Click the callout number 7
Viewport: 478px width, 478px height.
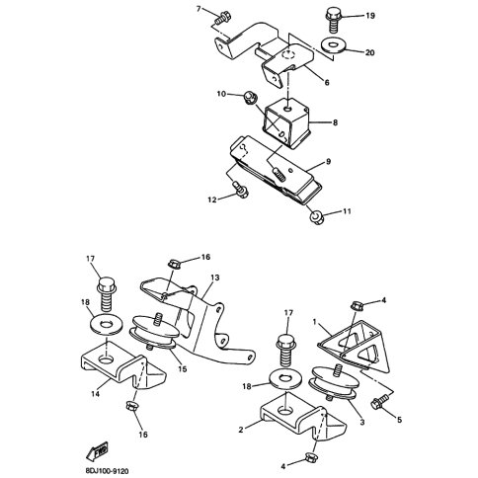coord(199,9)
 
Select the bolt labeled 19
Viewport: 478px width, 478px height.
coord(334,20)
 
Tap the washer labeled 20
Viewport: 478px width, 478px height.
coord(334,45)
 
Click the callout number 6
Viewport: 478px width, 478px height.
coord(327,82)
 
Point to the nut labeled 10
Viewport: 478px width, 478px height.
coord(250,98)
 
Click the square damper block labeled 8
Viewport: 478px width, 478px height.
coord(285,122)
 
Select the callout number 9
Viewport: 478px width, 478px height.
coord(328,162)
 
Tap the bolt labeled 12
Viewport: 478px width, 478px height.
coord(240,190)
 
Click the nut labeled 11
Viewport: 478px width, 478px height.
coord(317,217)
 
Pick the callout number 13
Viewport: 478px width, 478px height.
coord(214,278)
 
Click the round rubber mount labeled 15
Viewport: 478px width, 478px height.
coord(155,331)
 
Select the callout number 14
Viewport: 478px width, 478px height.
coord(95,393)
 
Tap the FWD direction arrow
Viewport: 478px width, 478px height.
coord(97,451)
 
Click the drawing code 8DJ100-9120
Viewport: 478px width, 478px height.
coord(107,472)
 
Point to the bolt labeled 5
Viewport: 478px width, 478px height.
coord(380,403)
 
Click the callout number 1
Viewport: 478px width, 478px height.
coord(314,321)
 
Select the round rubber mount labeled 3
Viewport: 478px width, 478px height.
coord(334,382)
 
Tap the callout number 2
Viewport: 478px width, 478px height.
coord(241,430)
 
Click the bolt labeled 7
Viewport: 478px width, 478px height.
coord(222,18)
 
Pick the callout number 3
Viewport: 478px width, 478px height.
coord(362,422)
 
